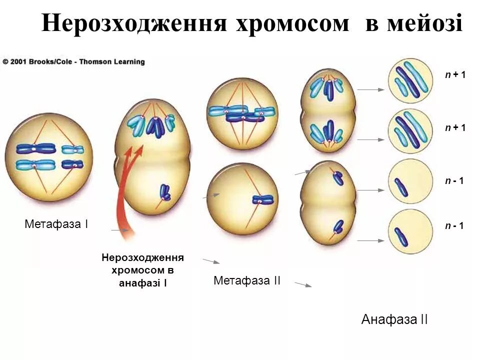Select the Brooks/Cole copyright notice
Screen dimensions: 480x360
(74, 62)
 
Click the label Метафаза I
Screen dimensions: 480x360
(56, 224)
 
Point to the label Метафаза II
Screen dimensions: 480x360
(247, 281)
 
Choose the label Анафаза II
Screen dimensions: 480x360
(394, 320)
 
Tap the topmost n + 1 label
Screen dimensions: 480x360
(455, 75)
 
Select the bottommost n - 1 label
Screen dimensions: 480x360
(454, 226)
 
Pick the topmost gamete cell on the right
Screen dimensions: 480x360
(410, 80)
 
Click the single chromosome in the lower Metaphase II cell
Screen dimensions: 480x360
(263, 199)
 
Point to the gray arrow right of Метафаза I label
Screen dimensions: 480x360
(119, 230)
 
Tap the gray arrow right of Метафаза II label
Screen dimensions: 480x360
(303, 284)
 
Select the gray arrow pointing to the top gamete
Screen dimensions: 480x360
(370, 90)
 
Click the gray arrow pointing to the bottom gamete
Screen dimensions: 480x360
(370, 241)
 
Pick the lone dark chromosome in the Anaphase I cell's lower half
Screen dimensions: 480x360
(164, 192)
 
